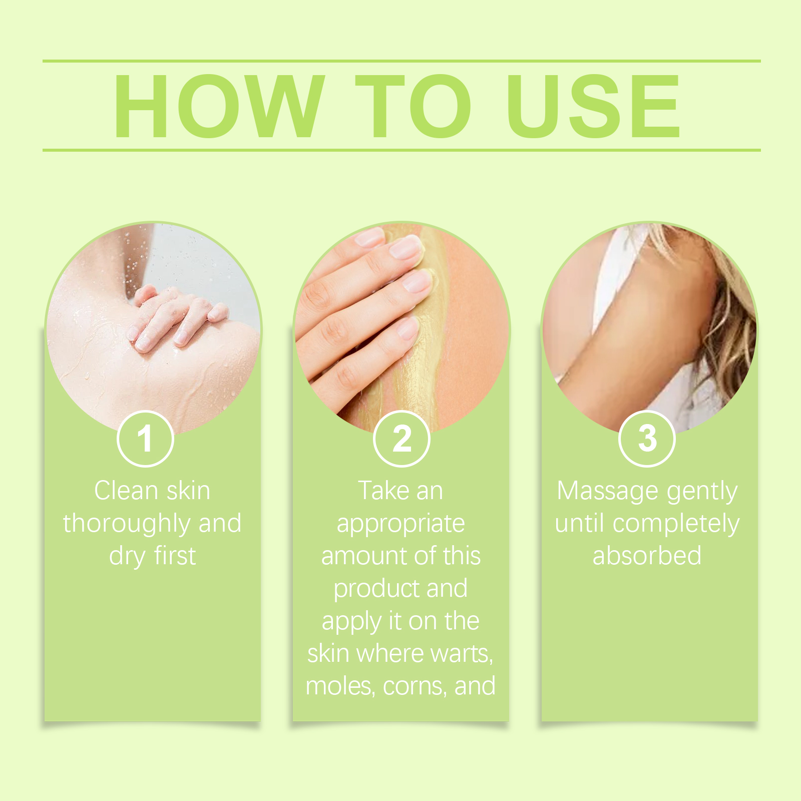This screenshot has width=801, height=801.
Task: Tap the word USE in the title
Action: tap(593, 106)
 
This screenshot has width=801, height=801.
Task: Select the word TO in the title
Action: tap(413, 106)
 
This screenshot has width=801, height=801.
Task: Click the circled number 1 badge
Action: tap(145, 439)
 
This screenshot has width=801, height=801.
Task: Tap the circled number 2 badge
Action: tap(402, 439)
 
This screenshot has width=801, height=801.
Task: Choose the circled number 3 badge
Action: tap(647, 439)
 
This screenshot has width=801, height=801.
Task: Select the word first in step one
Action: tap(175, 556)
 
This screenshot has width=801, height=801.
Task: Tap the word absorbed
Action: tap(647, 556)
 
